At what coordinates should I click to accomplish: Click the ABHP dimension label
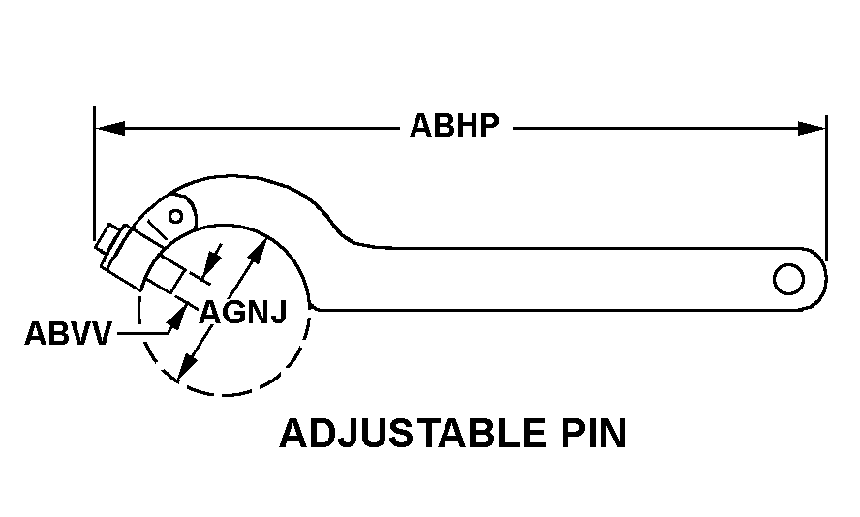click(455, 127)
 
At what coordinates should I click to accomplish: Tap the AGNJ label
click(243, 312)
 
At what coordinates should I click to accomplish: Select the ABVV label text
click(69, 334)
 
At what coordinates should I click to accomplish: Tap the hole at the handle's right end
click(788, 279)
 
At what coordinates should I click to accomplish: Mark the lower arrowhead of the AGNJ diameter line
click(188, 368)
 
